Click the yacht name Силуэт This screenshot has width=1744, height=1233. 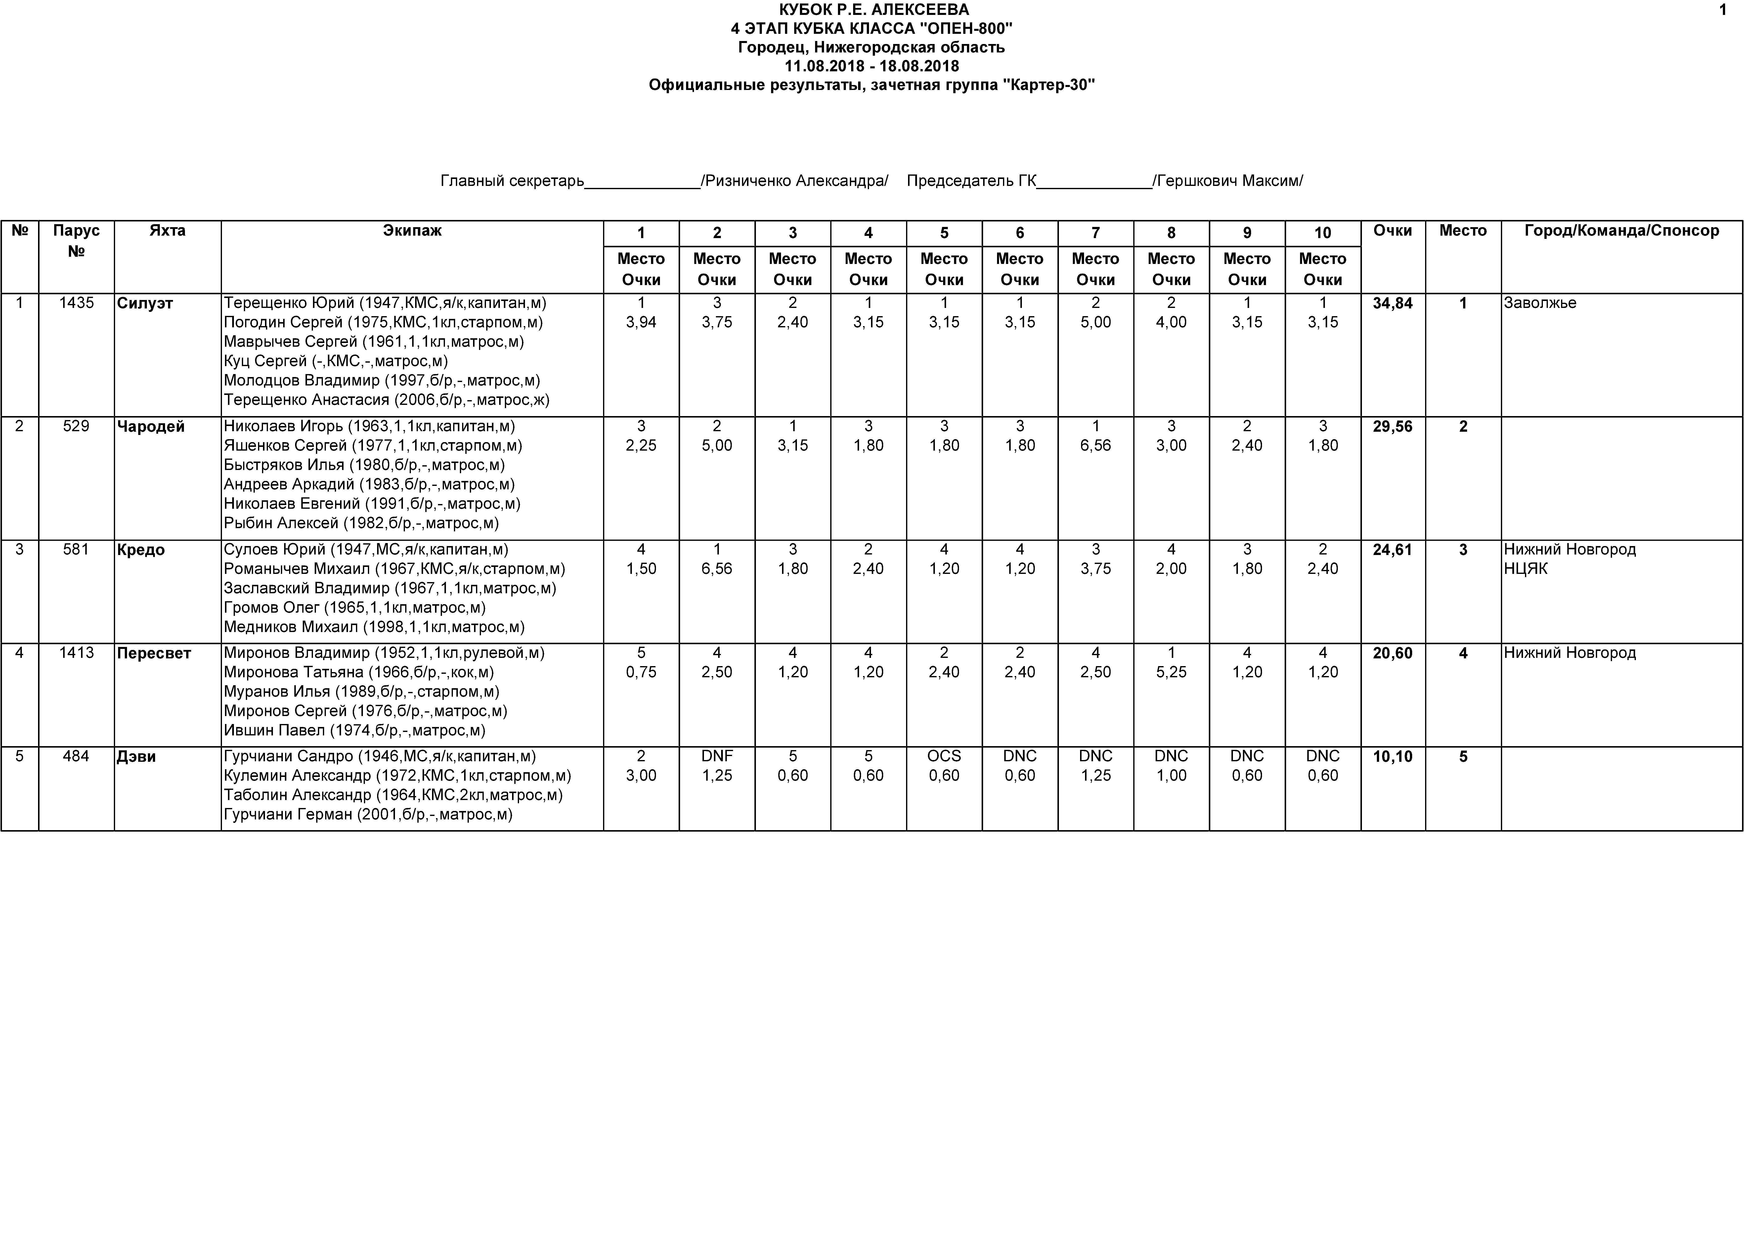click(145, 303)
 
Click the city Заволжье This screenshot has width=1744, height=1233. click(1540, 303)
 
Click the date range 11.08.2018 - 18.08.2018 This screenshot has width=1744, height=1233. click(871, 66)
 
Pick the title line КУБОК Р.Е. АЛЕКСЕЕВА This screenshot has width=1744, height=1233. click(873, 10)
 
